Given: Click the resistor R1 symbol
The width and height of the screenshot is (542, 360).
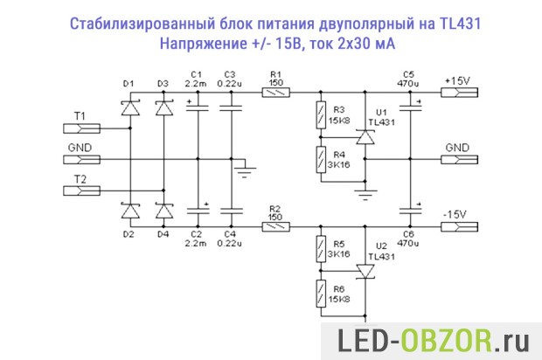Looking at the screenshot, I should [x=277, y=92].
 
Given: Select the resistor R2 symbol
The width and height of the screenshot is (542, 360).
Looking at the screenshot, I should [x=277, y=226].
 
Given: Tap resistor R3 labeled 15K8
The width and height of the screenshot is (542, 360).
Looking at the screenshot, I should [x=321, y=114].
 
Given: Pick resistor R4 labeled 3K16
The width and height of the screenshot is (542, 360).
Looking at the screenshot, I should [x=321, y=159].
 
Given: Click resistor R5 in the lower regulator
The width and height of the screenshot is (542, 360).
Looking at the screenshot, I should [x=321, y=249].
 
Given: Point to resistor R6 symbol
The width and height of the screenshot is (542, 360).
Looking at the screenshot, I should [x=321, y=294].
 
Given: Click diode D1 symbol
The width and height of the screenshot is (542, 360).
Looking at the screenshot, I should [x=132, y=109].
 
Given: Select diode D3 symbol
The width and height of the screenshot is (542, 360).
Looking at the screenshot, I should [x=163, y=109].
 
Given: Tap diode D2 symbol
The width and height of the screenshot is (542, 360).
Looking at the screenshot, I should [x=132, y=211].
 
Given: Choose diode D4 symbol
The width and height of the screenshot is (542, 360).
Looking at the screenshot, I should [x=163, y=211].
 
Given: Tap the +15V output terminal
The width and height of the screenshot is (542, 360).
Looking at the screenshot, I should [x=458, y=92].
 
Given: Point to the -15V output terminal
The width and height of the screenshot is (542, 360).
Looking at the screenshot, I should [x=458, y=226].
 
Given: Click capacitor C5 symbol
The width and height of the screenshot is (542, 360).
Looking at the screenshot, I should [x=408, y=108].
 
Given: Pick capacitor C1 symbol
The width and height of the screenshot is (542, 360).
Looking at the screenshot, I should [x=198, y=108].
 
